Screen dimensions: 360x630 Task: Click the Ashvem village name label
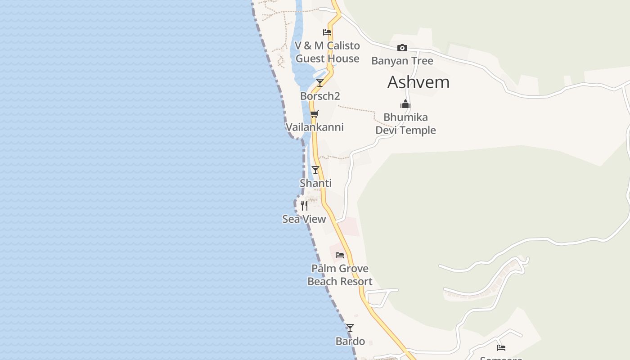click(418, 82)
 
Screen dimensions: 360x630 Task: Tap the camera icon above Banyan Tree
click(402, 48)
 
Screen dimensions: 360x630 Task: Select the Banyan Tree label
click(402, 61)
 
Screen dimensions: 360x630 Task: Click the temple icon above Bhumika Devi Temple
click(405, 104)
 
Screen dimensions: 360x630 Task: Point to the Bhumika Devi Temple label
click(405, 124)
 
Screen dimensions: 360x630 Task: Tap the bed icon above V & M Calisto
click(327, 32)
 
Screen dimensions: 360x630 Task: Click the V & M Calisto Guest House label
click(327, 52)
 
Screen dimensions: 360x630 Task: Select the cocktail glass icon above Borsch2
click(320, 83)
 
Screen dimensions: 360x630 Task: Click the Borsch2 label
click(320, 96)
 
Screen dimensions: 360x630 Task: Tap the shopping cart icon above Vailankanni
click(314, 114)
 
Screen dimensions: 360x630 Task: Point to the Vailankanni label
click(315, 127)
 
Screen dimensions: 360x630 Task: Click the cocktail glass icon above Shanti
click(315, 170)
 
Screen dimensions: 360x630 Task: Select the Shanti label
click(315, 183)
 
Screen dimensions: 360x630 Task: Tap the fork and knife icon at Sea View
click(304, 206)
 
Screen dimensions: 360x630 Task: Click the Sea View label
click(304, 219)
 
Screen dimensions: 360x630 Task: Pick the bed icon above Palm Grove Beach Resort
click(340, 255)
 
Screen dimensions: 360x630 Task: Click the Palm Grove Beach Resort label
click(340, 275)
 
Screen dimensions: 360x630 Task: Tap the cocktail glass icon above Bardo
click(350, 328)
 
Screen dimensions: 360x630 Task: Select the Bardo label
click(350, 341)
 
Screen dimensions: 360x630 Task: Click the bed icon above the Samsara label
click(501, 347)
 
